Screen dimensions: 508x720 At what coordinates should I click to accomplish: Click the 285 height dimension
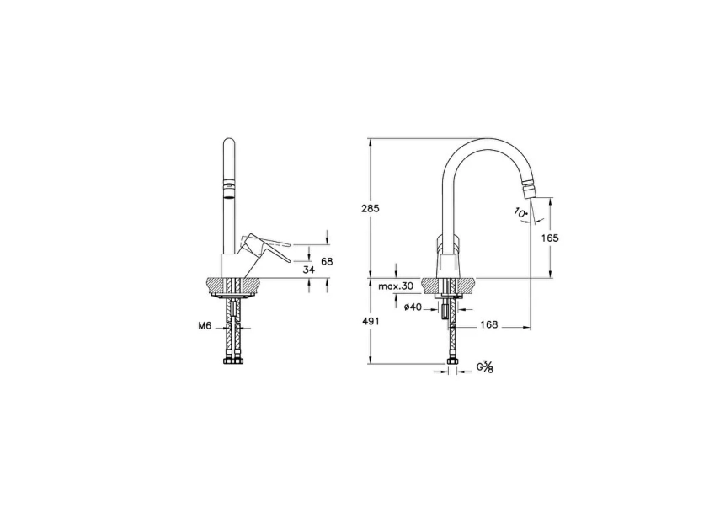[x=347, y=208]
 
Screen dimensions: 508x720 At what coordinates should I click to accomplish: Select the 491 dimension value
[x=347, y=321]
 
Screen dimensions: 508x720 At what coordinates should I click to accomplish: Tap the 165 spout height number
[x=550, y=238]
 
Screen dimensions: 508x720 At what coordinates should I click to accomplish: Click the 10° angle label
[x=520, y=213]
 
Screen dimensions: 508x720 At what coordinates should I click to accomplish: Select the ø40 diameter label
[x=412, y=307]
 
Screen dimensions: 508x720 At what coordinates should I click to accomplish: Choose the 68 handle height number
[x=328, y=262]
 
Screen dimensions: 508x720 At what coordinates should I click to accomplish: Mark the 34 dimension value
[x=309, y=270]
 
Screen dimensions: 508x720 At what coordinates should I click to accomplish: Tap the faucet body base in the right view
[x=448, y=265]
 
